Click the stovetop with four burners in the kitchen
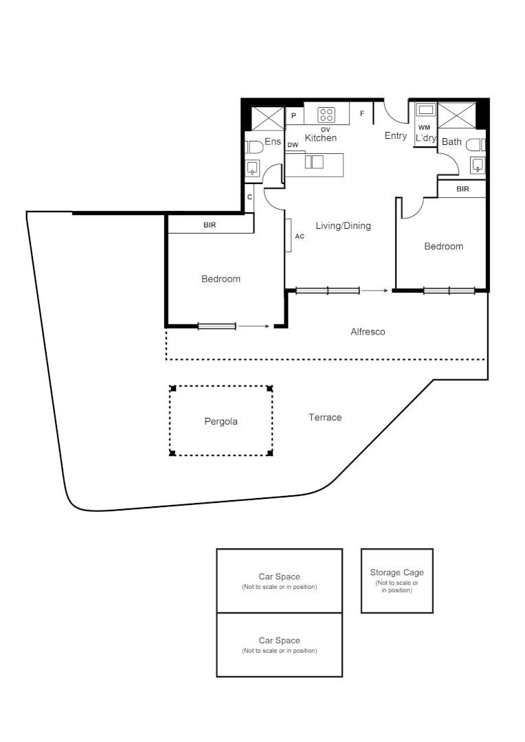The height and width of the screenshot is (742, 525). (x=326, y=115)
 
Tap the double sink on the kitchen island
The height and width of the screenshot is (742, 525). (x=313, y=162)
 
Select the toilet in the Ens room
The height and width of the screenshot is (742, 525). (x=254, y=146)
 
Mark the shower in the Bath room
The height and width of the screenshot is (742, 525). (x=456, y=115)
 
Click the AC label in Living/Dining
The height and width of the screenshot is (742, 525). (x=299, y=236)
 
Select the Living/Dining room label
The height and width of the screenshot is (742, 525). (x=343, y=225)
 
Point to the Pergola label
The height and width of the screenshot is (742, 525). (x=221, y=421)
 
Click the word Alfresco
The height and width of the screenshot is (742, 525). (x=368, y=332)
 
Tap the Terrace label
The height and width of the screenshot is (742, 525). (x=325, y=417)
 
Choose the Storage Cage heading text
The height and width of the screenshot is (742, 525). (x=396, y=572)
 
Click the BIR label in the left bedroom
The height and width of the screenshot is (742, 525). (x=210, y=225)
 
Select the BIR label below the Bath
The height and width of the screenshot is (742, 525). (x=462, y=189)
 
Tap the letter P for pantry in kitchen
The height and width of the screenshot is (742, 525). (x=293, y=116)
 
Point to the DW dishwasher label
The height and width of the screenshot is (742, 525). (x=293, y=145)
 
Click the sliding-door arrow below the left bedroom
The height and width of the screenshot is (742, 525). (x=254, y=326)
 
